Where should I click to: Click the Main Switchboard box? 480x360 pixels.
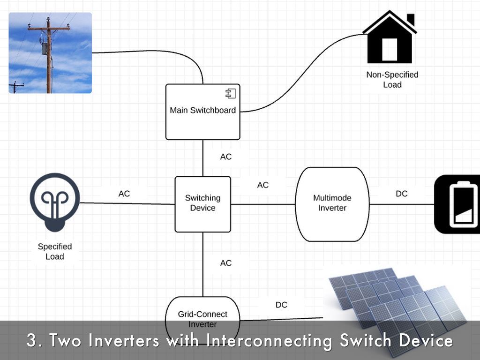[x=202, y=112]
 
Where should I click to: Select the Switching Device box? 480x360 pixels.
[x=202, y=204]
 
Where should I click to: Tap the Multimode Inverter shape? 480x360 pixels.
[x=332, y=204]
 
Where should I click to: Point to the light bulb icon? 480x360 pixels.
[x=55, y=202]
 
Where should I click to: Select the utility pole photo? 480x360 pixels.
[x=50, y=52]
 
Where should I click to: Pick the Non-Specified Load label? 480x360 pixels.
[x=392, y=80]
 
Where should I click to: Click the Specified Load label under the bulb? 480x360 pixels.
[x=55, y=252]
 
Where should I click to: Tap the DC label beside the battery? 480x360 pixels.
[x=402, y=194]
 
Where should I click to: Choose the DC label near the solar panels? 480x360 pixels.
[x=281, y=305]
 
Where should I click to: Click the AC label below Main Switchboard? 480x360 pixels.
[x=226, y=157]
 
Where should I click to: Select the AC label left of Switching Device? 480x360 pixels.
[x=124, y=194]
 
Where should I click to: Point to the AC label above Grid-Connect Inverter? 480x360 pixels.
[x=226, y=263]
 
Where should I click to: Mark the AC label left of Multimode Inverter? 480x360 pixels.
[x=263, y=185]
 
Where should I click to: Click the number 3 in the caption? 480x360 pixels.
[x=32, y=340]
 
